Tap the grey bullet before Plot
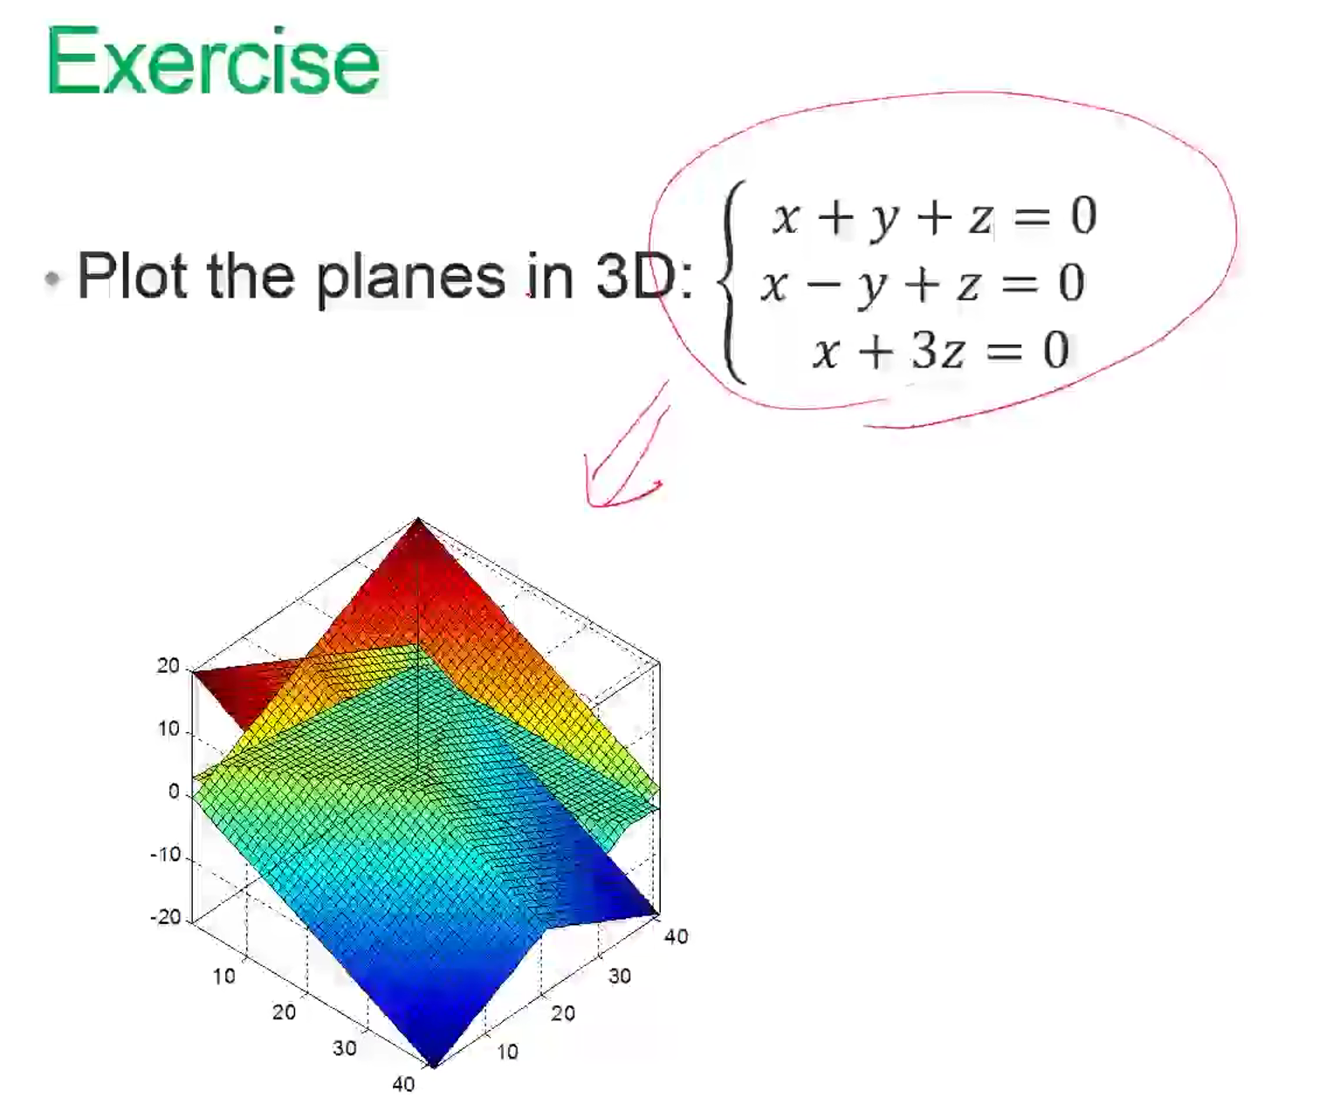[x=52, y=278]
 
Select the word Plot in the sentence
[x=132, y=275]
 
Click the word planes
[x=410, y=278]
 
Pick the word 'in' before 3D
[x=550, y=275]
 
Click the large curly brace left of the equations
[x=731, y=281]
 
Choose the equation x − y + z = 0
[x=923, y=284]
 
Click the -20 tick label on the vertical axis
[x=166, y=916]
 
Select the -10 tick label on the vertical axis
[x=166, y=854]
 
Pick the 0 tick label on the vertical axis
[x=174, y=792]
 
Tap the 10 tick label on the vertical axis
[x=169, y=729]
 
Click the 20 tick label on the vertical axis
[x=168, y=666]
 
